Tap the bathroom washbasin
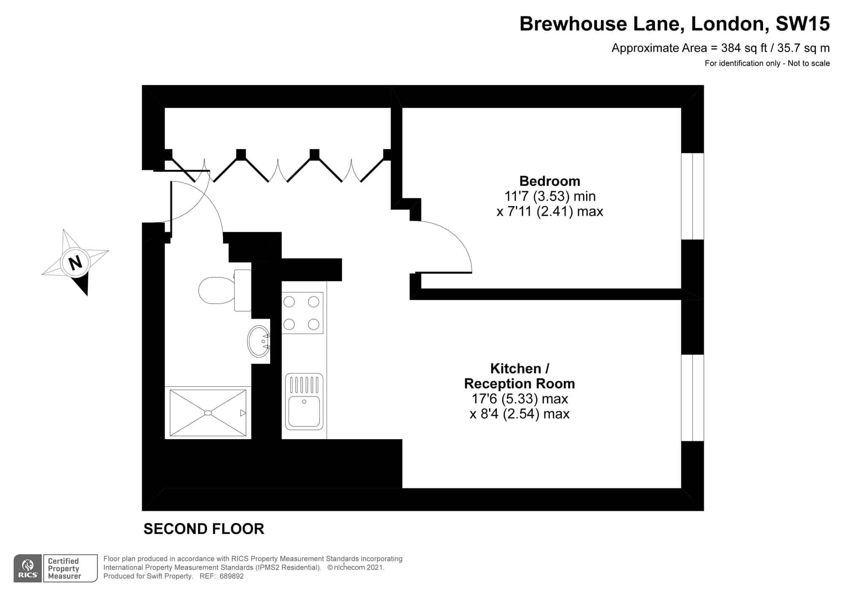click(x=259, y=341)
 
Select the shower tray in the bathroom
click(x=208, y=413)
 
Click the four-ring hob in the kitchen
click(x=302, y=313)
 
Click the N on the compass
click(x=76, y=263)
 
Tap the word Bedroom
click(x=549, y=181)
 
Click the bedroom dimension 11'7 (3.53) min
click(x=550, y=196)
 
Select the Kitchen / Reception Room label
click(x=519, y=376)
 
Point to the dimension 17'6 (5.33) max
click(x=519, y=399)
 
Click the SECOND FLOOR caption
click(x=204, y=529)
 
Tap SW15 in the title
click(x=803, y=24)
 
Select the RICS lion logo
click(x=28, y=569)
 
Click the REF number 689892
click(x=231, y=576)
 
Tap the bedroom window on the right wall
click(x=693, y=196)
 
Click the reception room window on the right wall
click(x=693, y=398)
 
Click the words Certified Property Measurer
click(x=64, y=568)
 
